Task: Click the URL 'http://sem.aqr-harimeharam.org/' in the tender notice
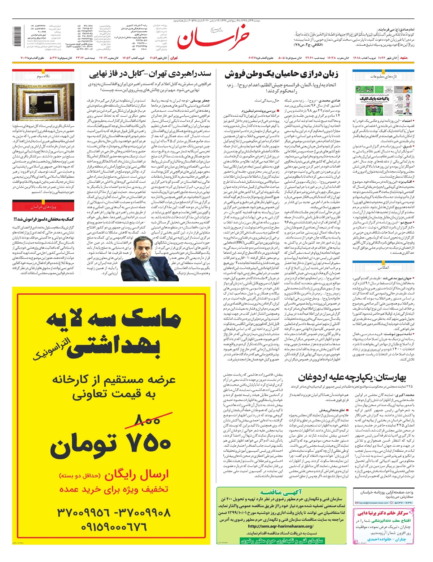pyautogui.click(x=281, y=526)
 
